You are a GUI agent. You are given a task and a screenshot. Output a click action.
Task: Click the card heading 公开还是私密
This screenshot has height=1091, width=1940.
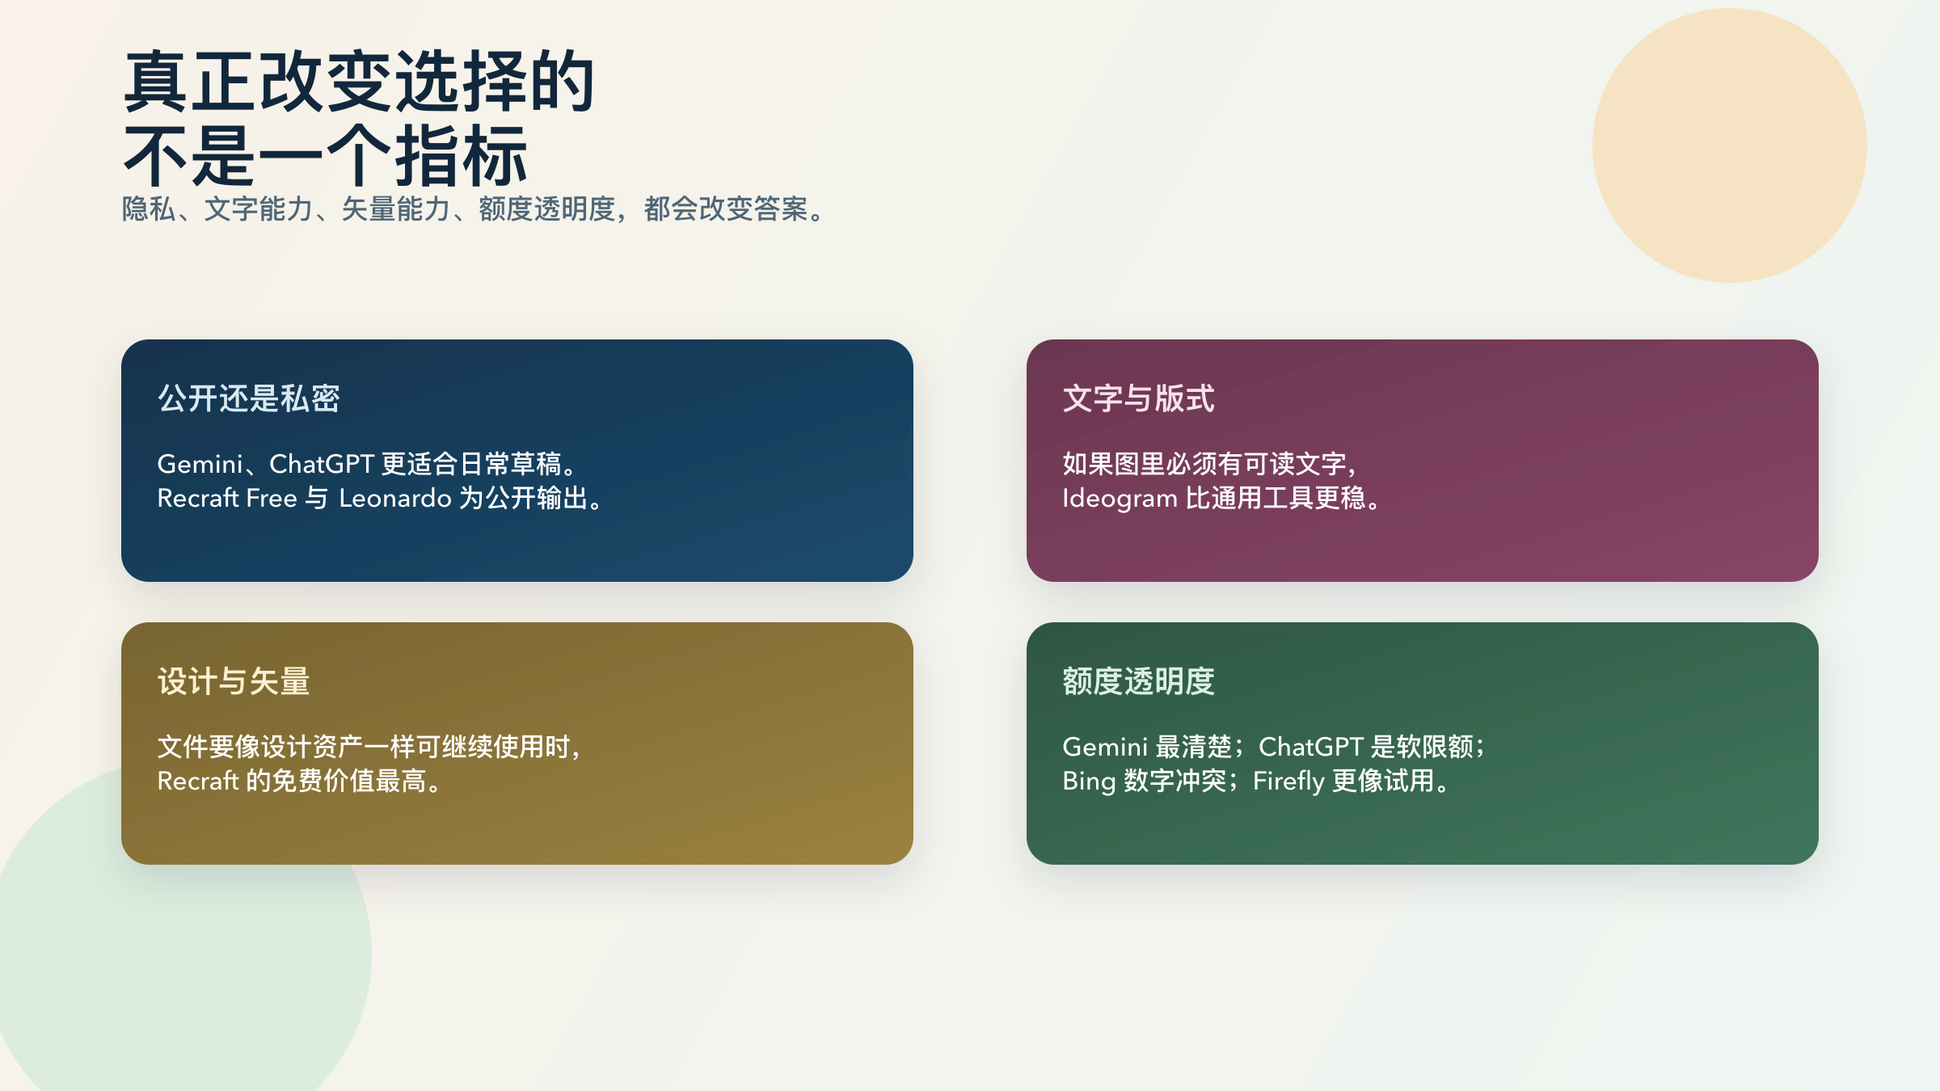click(x=248, y=398)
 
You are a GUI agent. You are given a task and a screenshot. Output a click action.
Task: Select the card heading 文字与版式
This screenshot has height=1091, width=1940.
click(x=1138, y=398)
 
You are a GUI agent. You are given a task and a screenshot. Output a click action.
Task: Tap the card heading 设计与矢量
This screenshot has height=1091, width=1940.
click(x=233, y=681)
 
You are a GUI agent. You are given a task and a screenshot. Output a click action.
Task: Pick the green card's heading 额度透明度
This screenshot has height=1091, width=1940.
click(x=1138, y=681)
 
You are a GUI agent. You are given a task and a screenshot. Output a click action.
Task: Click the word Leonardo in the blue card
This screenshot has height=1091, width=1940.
click(x=394, y=498)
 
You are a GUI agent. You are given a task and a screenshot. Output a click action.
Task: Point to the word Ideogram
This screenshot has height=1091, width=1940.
click(x=1119, y=498)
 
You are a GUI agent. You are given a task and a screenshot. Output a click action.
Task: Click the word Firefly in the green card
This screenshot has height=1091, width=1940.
click(x=1288, y=781)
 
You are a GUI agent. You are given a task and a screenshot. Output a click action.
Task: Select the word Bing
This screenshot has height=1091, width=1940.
click(x=1088, y=781)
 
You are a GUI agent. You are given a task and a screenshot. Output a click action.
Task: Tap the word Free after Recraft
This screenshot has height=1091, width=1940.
click(x=272, y=498)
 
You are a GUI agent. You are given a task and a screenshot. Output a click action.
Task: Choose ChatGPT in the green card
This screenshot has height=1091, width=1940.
click(x=1310, y=747)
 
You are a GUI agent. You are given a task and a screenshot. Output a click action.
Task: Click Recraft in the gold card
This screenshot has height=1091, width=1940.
click(x=198, y=781)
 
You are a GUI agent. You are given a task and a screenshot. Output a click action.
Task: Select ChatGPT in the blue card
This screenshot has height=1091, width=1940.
click(x=322, y=464)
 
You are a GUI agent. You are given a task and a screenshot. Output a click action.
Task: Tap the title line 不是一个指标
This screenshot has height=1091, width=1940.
click(x=325, y=155)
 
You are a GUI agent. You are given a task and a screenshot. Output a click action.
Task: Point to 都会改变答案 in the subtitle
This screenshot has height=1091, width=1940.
click(x=726, y=209)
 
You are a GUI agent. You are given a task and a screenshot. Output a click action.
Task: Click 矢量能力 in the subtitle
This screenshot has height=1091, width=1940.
click(x=395, y=209)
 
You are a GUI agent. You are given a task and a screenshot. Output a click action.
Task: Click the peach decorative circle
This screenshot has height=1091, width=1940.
click(x=1729, y=145)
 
